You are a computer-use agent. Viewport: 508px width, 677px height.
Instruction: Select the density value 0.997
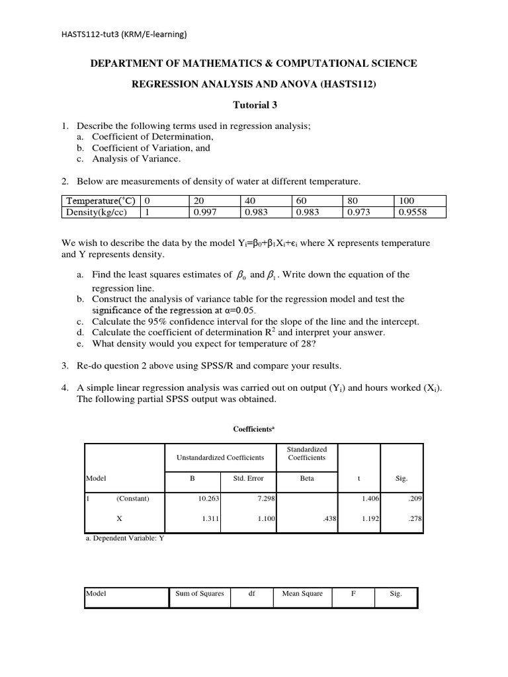(x=204, y=212)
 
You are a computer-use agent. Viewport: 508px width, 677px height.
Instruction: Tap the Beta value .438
(x=331, y=520)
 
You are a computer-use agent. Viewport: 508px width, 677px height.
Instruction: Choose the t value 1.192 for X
(x=370, y=520)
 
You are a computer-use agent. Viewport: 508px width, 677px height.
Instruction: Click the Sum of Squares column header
(x=200, y=593)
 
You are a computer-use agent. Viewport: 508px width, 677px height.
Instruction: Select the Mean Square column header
(x=302, y=593)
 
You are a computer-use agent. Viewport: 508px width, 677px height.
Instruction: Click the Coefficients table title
(x=254, y=428)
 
